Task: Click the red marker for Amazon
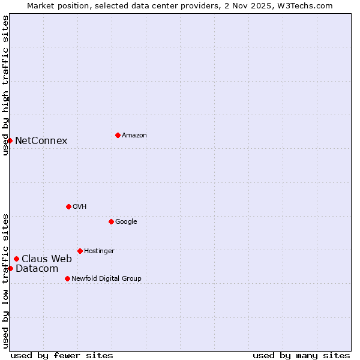coord(118,135)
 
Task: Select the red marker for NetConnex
coord(10,140)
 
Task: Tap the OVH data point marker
coord(68,206)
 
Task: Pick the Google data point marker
coord(111,221)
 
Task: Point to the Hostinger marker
coord(80,251)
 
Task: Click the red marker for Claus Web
coord(16,259)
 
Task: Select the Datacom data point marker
coord(10,268)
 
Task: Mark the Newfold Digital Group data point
coord(67,278)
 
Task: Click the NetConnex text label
coord(41,141)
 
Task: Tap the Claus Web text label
coord(47,259)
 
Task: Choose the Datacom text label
coord(37,269)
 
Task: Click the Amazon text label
coord(134,136)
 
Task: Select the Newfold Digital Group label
coord(106,278)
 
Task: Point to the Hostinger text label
coord(99,251)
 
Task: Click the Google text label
coord(126,222)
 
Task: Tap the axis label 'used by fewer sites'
coord(62,355)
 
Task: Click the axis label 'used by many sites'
coord(301,355)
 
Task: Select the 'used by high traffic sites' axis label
coord(5,85)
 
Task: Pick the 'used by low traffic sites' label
coord(5,280)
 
